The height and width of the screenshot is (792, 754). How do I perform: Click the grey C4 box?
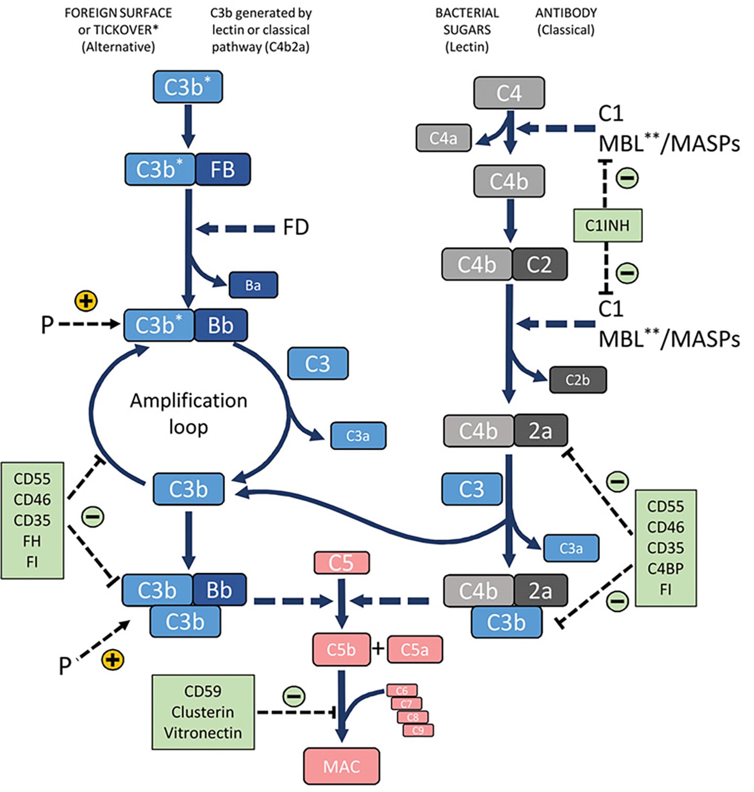tap(509, 93)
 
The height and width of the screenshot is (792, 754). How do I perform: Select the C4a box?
tap(443, 138)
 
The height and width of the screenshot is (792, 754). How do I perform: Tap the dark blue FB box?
tap(223, 170)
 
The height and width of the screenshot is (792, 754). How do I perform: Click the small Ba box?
tap(253, 285)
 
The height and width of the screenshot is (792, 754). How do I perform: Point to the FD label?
tap(296, 228)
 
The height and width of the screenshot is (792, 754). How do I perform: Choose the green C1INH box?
tap(607, 226)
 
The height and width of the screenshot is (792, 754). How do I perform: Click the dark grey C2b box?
tap(578, 380)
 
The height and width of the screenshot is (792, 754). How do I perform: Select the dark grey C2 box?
tap(539, 264)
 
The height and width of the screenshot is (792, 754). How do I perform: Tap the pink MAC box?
tap(341, 766)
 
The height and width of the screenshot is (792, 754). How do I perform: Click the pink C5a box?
tap(415, 650)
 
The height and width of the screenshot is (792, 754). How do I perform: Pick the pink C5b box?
tap(341, 650)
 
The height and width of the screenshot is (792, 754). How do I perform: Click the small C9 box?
tap(418, 730)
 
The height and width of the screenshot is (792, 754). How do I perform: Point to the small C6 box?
tap(402, 690)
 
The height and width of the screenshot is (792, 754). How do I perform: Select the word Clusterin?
tap(203, 712)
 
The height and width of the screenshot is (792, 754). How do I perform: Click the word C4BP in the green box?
tap(665, 568)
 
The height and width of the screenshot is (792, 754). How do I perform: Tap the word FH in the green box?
tap(32, 541)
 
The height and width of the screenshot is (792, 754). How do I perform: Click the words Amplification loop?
tap(188, 414)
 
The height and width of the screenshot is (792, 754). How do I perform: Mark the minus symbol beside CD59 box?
tap(294, 697)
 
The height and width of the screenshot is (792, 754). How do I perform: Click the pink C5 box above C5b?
tap(341, 563)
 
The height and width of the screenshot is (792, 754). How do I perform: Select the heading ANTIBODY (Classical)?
tap(565, 21)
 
